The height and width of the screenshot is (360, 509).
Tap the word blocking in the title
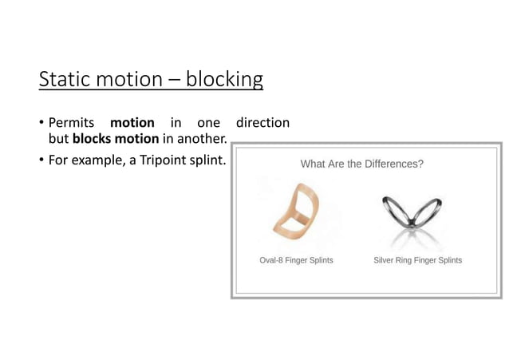(x=224, y=80)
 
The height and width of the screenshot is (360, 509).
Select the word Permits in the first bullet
(x=73, y=124)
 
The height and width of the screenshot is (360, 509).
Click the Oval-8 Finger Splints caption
(x=296, y=260)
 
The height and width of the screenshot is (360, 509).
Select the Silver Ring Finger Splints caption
(x=417, y=260)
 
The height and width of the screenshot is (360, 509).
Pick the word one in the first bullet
(x=207, y=124)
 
